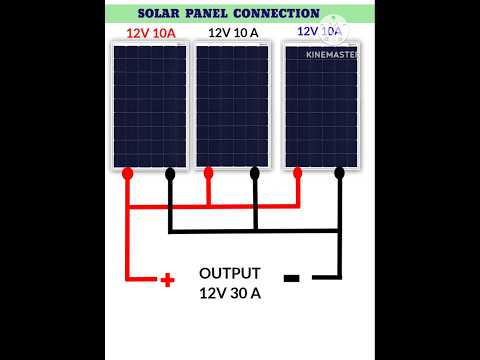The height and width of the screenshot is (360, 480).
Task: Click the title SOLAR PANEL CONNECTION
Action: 230,14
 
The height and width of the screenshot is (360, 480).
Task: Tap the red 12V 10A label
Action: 150,33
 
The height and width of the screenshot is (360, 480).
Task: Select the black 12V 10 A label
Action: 231,33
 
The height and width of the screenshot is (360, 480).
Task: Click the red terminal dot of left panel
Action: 128,173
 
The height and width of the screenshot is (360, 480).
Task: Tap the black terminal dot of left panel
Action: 170,173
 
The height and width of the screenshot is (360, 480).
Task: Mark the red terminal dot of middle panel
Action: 208,173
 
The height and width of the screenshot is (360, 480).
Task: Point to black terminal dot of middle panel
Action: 254,173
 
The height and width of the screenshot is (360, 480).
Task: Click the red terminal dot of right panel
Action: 297,173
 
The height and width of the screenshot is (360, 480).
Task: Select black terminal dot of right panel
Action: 340,173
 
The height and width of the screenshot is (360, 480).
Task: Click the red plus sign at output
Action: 168,279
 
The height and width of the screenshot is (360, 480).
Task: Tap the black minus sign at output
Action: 291,278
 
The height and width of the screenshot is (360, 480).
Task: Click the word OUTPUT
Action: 230,273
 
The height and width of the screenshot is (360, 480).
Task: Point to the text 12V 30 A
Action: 230,293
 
